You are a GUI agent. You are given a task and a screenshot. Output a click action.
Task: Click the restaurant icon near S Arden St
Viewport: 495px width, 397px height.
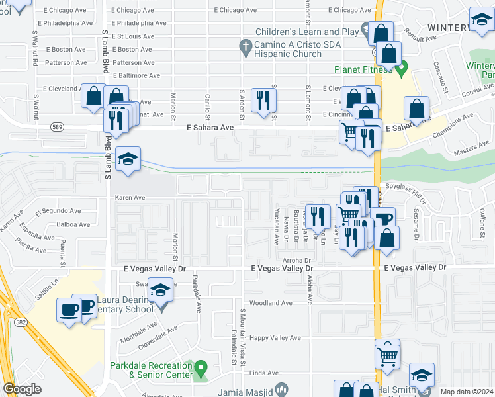coord(264,100)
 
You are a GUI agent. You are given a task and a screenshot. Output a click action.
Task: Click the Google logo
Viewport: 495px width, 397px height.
coord(22,388)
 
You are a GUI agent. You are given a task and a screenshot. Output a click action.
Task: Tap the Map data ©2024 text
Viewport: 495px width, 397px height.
coord(466,392)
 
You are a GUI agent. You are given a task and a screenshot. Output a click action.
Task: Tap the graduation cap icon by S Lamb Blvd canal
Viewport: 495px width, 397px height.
coord(128,159)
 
